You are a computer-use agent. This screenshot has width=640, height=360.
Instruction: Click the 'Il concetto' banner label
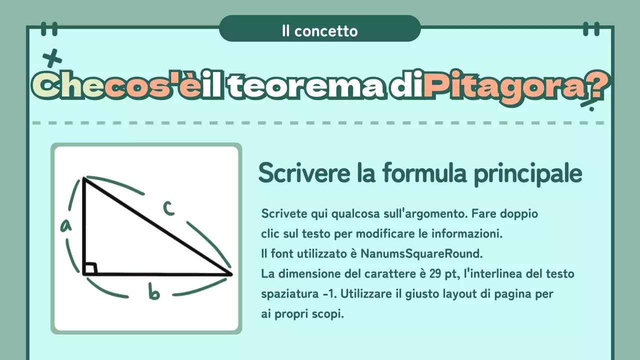click(x=319, y=31)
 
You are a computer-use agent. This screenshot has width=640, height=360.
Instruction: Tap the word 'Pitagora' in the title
click(x=504, y=88)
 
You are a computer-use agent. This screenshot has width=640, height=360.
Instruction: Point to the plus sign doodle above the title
click(x=52, y=59)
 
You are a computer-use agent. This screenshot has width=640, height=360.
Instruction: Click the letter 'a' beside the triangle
click(x=65, y=226)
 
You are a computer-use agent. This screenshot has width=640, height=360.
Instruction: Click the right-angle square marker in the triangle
click(x=90, y=268)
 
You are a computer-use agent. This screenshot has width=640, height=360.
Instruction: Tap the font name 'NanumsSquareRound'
click(x=421, y=253)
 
